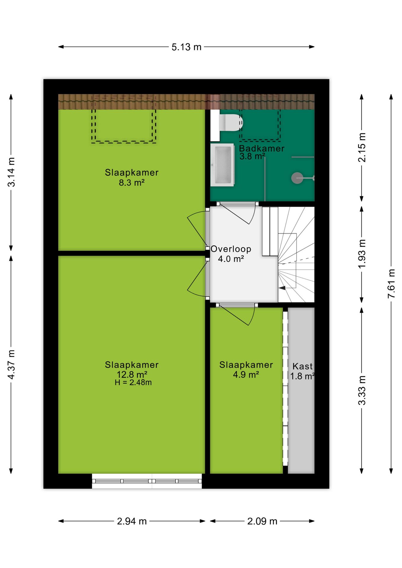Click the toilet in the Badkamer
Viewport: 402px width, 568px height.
pyautogui.click(x=231, y=122)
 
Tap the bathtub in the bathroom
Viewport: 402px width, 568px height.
pyautogui.click(x=222, y=165)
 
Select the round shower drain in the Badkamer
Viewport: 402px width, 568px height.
pyautogui.click(x=297, y=178)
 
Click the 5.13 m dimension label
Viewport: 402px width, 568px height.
pyautogui.click(x=186, y=47)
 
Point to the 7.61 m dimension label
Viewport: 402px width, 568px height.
pyautogui.click(x=391, y=283)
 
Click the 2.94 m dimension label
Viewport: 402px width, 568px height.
pyautogui.click(x=132, y=521)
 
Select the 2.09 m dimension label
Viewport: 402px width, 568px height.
pyautogui.click(x=262, y=521)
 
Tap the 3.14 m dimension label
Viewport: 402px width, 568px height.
pyautogui.click(x=11, y=172)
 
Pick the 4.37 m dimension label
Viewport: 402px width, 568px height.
pyautogui.click(x=11, y=364)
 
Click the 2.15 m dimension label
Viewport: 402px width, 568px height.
pyautogui.click(x=362, y=147)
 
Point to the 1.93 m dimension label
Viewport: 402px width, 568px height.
pyautogui.click(x=362, y=254)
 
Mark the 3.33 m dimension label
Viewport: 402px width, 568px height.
pyautogui.click(x=362, y=390)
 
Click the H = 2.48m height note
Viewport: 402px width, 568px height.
pyautogui.click(x=133, y=383)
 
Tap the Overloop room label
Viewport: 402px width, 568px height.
pyautogui.click(x=231, y=249)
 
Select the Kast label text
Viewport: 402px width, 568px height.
pyautogui.click(x=303, y=366)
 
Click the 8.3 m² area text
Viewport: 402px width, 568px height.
pyautogui.click(x=132, y=183)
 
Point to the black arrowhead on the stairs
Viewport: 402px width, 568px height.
pyautogui.click(x=282, y=288)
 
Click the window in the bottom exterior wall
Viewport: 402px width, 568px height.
pyautogui.click(x=147, y=481)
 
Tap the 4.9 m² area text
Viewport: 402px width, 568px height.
pyautogui.click(x=246, y=375)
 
